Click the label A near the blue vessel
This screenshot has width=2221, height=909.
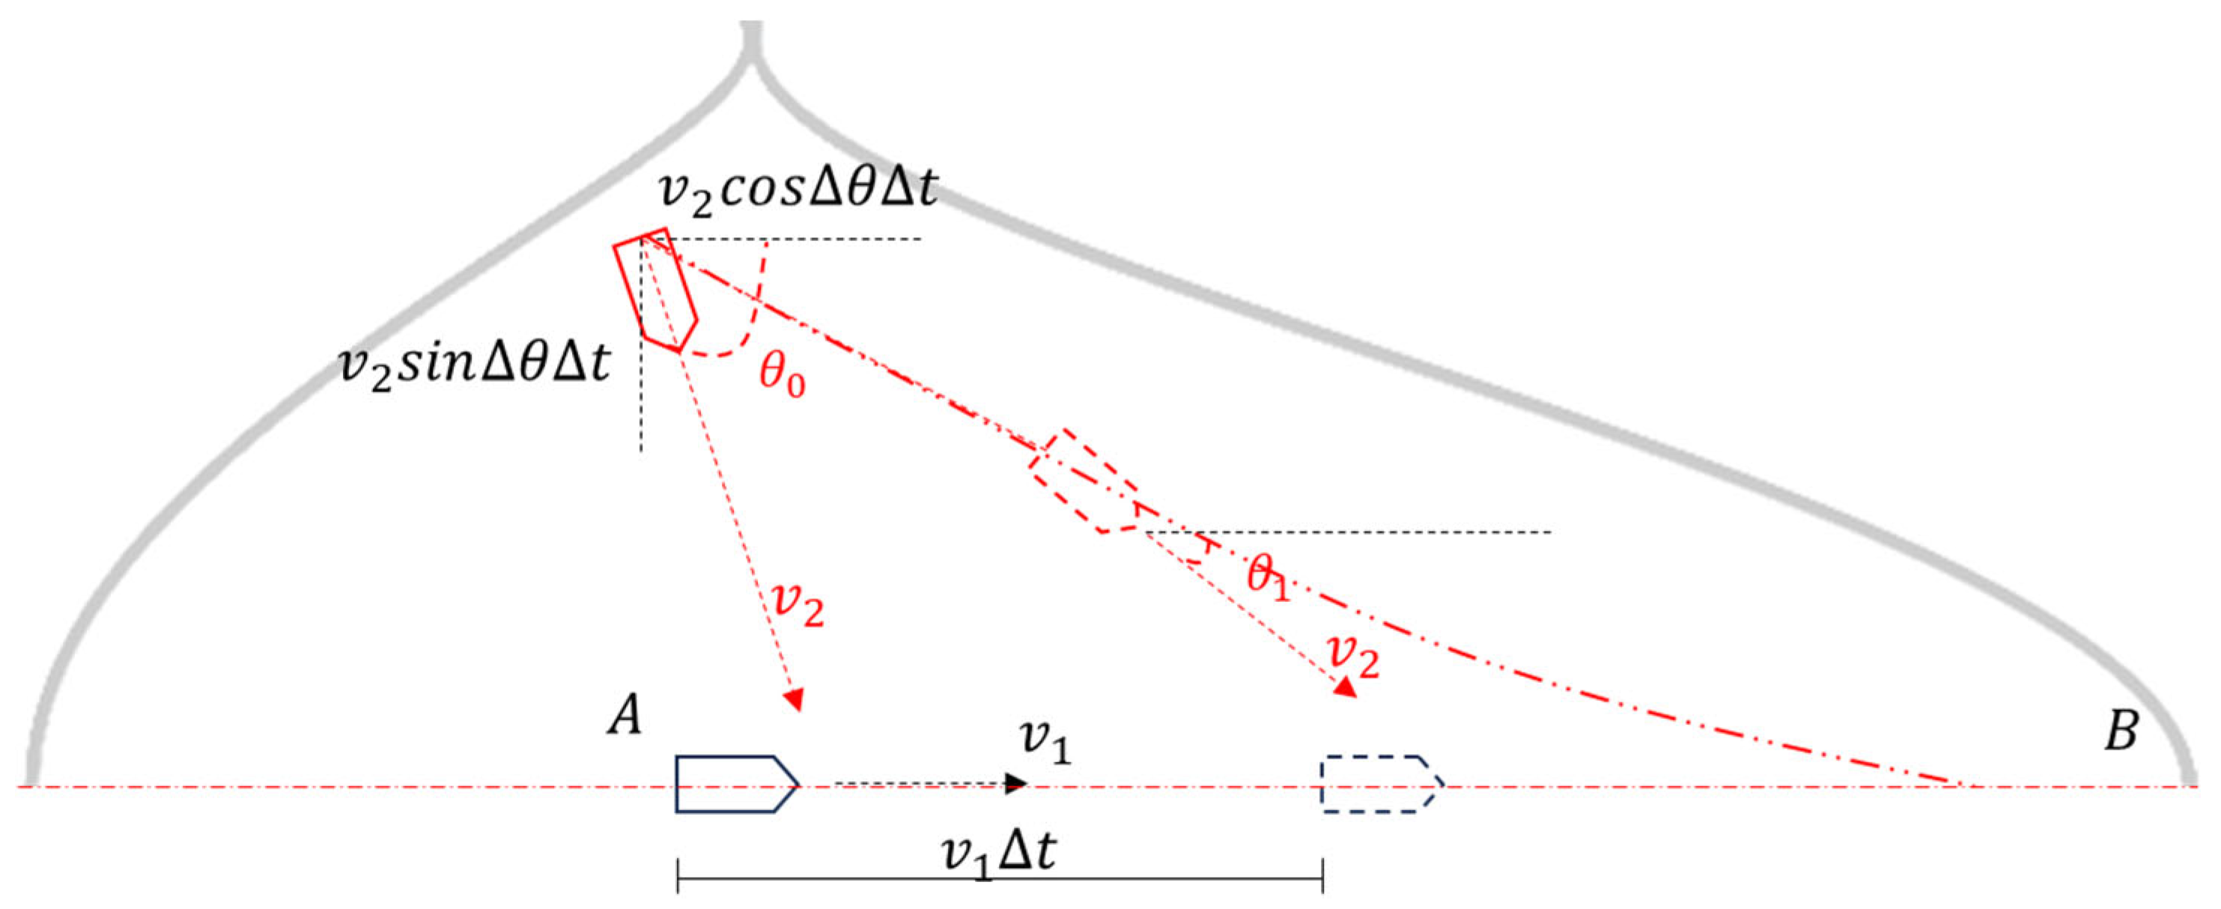point(625,715)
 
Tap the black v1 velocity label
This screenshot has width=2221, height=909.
point(1044,743)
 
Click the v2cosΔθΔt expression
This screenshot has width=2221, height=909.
point(797,189)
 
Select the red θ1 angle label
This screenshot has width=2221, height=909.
point(1269,576)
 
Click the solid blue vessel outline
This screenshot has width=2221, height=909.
point(737,784)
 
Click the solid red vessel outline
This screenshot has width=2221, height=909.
point(655,290)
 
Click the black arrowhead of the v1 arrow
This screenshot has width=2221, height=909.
point(1018,783)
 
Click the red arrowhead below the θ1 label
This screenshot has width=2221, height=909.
point(1344,687)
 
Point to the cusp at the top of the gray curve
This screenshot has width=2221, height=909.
point(753,47)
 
